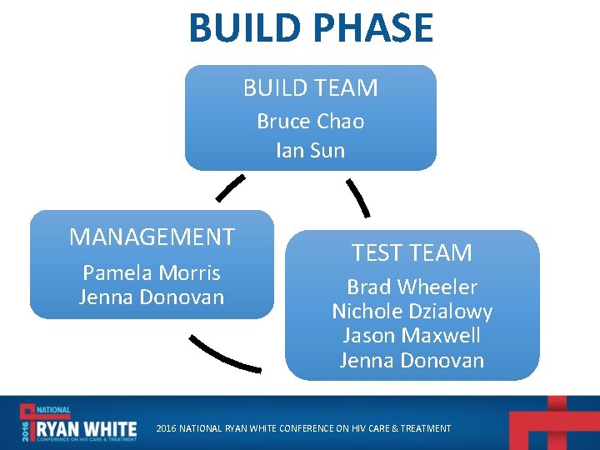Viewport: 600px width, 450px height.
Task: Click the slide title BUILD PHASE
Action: [311, 27]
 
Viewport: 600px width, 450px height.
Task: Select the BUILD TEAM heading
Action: [310, 87]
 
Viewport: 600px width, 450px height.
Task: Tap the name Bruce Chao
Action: [310, 122]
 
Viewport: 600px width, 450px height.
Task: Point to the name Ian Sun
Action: [310, 151]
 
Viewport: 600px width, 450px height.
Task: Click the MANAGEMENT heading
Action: [152, 237]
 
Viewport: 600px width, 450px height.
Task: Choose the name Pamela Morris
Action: [152, 272]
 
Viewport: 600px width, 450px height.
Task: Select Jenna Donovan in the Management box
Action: [152, 297]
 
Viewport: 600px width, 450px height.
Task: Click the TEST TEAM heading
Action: [412, 252]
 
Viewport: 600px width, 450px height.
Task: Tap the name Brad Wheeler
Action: [412, 287]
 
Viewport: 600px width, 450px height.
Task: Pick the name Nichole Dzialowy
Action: [412, 312]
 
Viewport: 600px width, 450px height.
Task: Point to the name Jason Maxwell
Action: [412, 336]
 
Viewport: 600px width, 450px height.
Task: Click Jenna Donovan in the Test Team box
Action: [412, 360]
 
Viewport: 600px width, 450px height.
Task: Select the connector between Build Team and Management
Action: [230, 188]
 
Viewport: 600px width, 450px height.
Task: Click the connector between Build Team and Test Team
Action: [358, 197]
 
